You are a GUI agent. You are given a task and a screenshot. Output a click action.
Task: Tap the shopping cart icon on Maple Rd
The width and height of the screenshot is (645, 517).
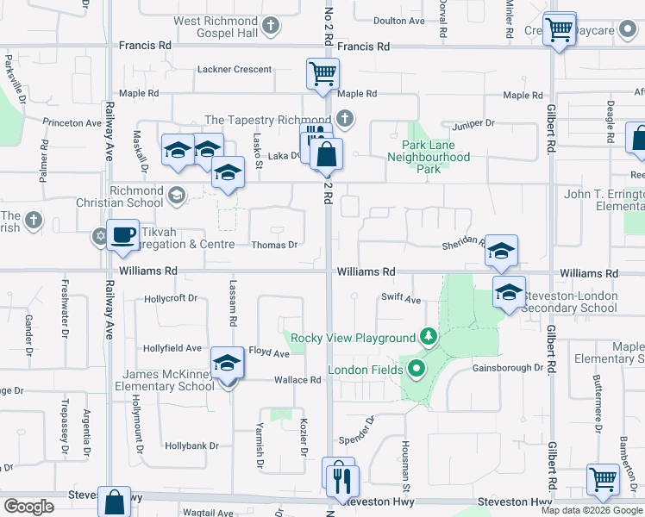coord(322,74)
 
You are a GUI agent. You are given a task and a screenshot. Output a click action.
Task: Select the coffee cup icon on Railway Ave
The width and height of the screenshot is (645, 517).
coord(123,235)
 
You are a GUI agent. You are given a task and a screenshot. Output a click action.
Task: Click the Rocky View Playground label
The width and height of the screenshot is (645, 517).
coord(354,338)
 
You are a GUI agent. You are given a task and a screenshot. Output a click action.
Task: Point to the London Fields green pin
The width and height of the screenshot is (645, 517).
coord(417,371)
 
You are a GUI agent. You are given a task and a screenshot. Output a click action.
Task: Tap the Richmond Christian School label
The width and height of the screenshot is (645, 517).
coord(136,196)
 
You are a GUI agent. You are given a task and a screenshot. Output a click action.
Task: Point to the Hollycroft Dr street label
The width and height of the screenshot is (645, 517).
coord(172,298)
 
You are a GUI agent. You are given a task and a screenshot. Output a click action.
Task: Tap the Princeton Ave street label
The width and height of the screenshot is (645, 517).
coord(72,123)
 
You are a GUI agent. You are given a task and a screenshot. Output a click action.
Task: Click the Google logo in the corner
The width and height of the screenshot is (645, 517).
coord(28,507)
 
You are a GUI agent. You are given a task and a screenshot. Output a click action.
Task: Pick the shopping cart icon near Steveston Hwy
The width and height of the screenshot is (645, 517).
coord(603,479)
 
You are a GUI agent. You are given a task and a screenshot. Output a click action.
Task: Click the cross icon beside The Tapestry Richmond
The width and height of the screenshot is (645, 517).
coord(345,119)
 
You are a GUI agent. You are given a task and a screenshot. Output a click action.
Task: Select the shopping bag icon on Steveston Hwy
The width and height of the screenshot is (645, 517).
coord(115,501)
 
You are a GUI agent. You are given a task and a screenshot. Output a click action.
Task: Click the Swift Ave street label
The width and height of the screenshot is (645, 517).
coord(401,299)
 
